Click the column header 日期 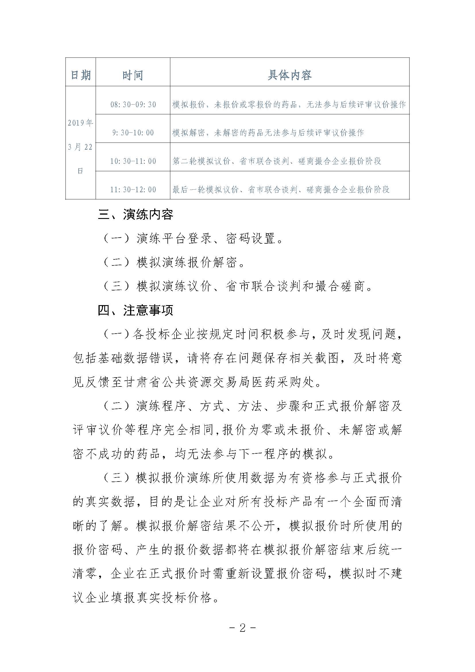(x=81, y=75)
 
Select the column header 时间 (x=133, y=75)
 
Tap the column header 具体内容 (x=289, y=75)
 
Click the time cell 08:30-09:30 (x=133, y=105)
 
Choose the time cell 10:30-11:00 (x=133, y=161)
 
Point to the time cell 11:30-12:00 (x=133, y=190)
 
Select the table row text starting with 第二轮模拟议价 (x=277, y=161)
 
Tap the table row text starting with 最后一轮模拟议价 (x=281, y=190)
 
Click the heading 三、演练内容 (x=136, y=215)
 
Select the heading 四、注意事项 (x=136, y=311)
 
